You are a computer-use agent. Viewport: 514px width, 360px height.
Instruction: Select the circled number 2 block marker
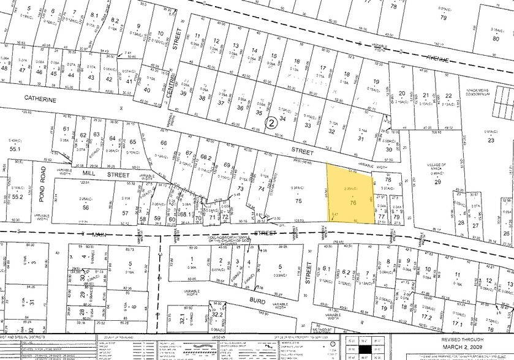(271, 123)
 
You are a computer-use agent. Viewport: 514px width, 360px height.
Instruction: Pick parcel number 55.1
(15, 148)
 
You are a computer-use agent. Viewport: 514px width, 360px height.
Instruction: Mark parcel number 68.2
(207, 157)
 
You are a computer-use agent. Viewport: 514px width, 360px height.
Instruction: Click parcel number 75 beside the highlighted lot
(299, 201)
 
